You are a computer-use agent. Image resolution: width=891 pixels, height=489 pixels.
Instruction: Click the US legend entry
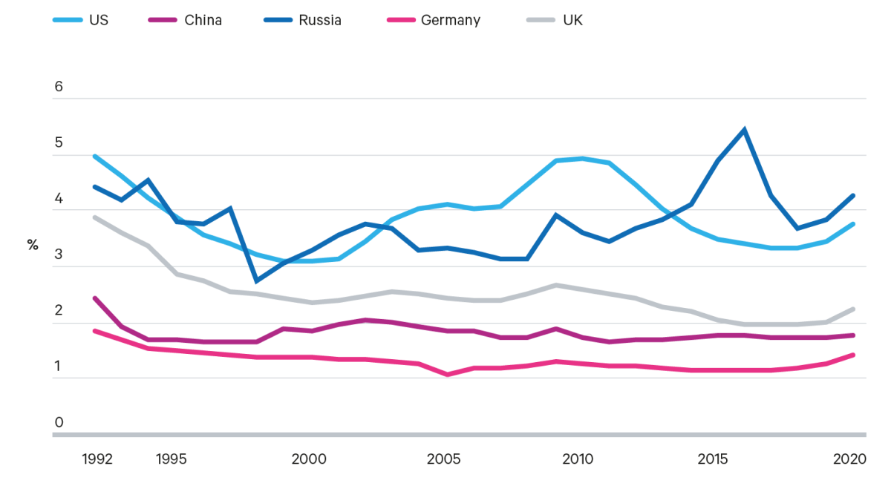(81, 20)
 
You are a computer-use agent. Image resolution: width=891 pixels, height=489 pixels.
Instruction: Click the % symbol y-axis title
(33, 245)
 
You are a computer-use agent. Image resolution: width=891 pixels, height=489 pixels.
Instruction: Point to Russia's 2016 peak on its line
(744, 129)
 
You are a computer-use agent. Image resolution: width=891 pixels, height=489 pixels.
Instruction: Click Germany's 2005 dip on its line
(448, 375)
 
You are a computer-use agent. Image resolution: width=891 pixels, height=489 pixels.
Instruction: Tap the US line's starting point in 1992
(94, 156)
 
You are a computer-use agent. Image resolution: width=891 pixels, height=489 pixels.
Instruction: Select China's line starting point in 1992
(94, 298)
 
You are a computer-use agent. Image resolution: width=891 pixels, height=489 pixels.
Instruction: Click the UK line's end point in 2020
(854, 309)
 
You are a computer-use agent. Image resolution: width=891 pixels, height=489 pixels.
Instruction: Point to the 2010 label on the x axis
(578, 459)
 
